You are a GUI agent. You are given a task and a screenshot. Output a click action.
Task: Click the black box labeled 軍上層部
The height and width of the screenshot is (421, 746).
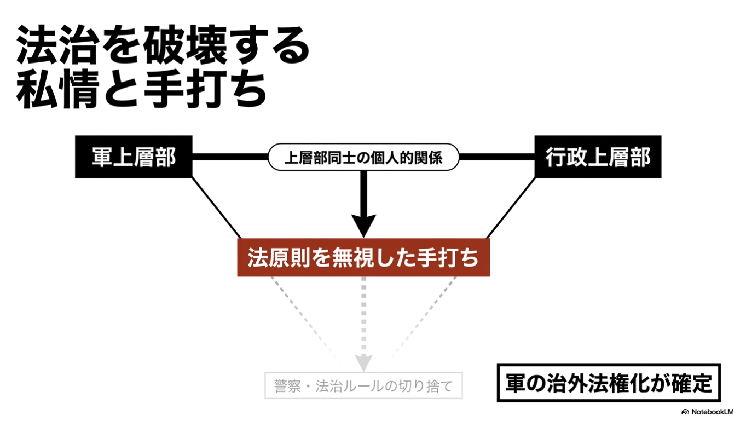pyautogui.click(x=134, y=157)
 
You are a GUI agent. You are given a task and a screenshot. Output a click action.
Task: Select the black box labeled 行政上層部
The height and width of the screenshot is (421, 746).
pyautogui.click(x=598, y=157)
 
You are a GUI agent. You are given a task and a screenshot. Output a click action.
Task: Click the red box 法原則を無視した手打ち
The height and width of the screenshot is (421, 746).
pyautogui.click(x=363, y=257)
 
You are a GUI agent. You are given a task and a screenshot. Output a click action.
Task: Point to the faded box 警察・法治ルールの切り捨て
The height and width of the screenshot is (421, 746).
pyautogui.click(x=363, y=385)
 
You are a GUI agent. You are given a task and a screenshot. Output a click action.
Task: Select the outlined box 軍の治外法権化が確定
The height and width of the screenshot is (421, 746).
pyautogui.click(x=609, y=383)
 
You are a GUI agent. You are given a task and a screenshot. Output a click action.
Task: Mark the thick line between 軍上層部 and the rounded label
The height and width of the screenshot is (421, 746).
pyautogui.click(x=230, y=157)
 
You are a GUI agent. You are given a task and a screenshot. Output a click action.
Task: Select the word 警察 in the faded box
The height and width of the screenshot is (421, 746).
pyautogui.click(x=288, y=386)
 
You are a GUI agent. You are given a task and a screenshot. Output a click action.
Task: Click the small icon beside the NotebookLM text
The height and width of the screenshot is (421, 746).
pyautogui.click(x=685, y=412)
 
